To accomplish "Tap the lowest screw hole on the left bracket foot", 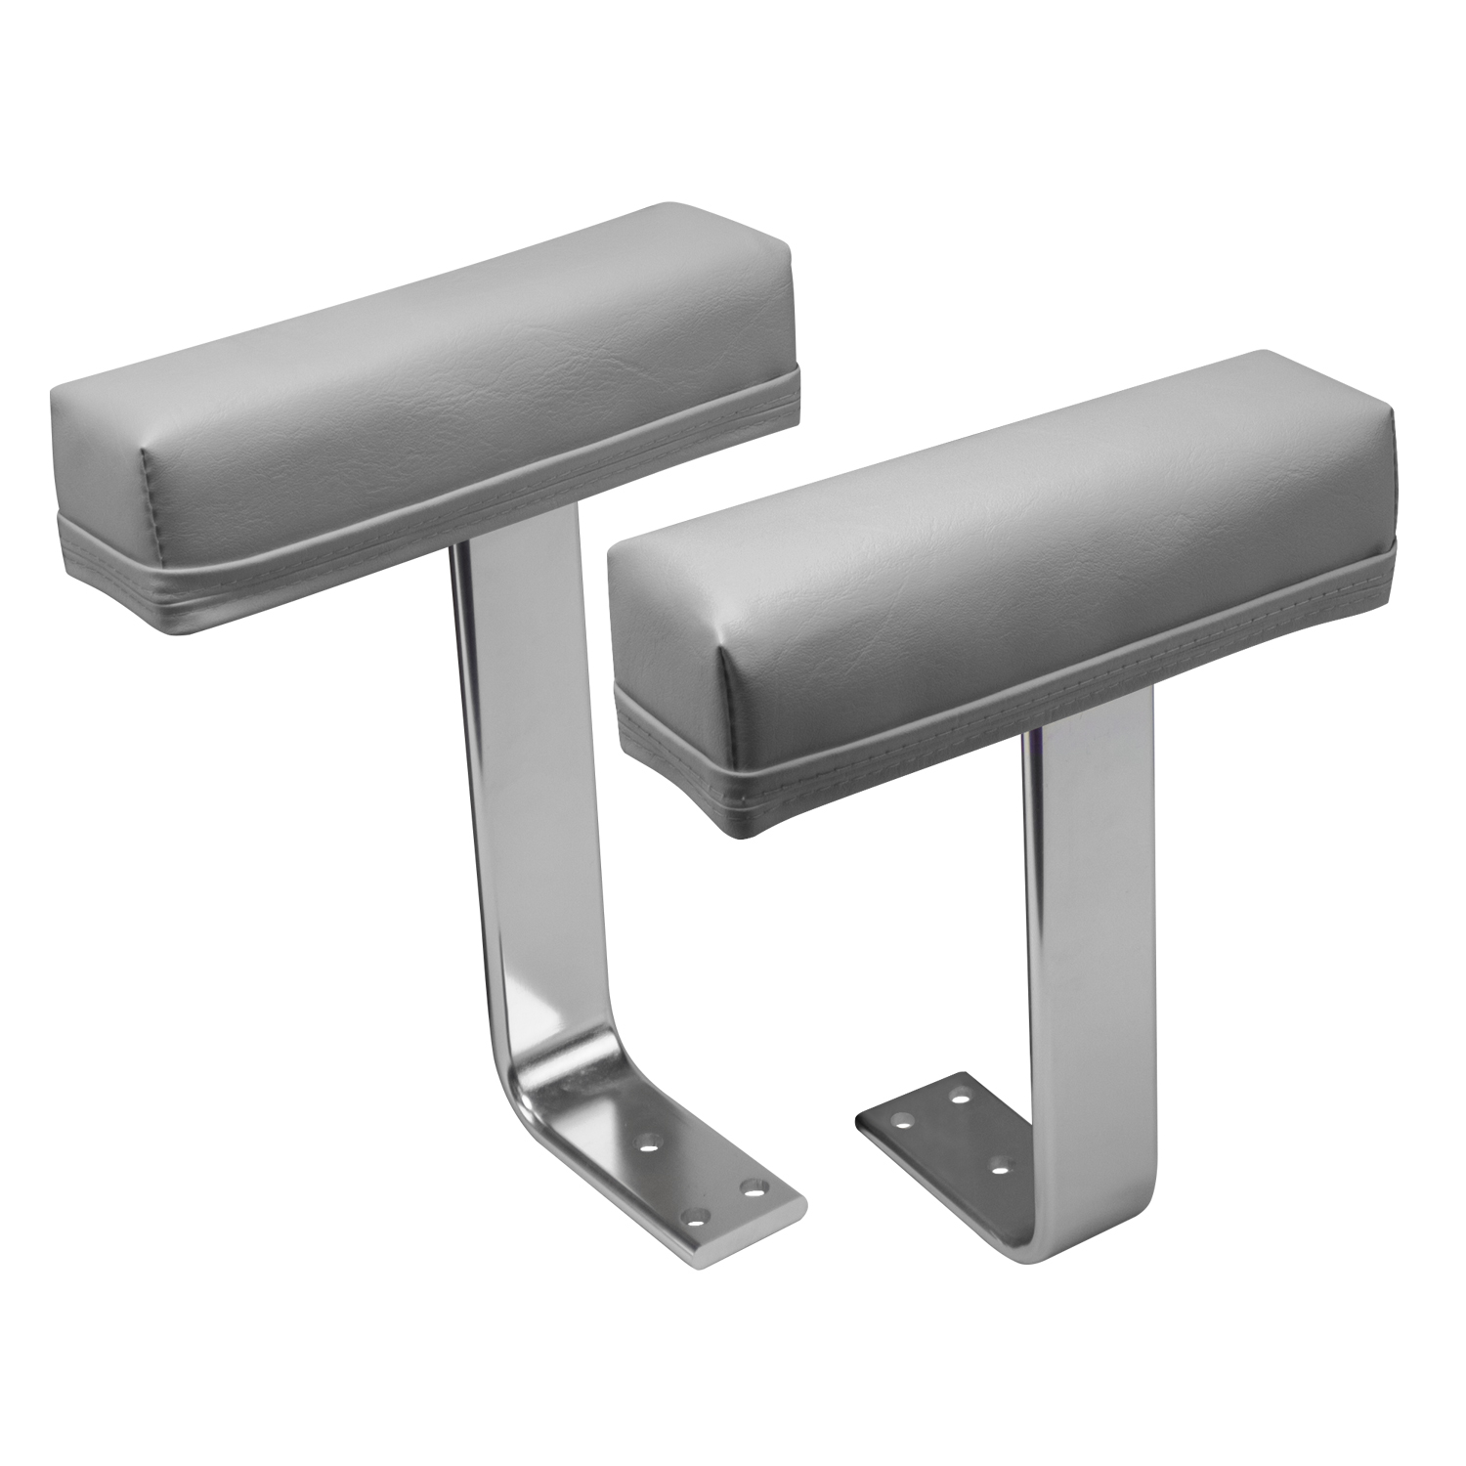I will coord(697,1218).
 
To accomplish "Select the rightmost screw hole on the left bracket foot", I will coord(752,1188).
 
